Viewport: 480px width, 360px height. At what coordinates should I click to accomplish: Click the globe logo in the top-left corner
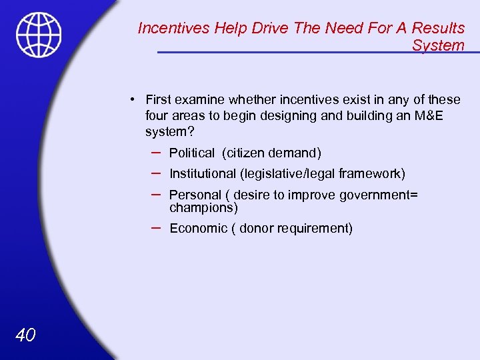(x=39, y=35)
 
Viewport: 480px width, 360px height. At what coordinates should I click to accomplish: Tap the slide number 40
(x=25, y=335)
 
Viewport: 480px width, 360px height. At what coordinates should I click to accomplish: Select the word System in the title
(x=438, y=45)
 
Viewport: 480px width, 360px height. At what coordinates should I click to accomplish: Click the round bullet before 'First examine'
(x=133, y=99)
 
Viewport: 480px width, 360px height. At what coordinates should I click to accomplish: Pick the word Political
(x=192, y=153)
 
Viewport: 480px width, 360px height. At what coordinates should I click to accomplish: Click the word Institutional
(x=202, y=174)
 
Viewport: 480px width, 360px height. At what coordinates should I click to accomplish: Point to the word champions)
(x=203, y=207)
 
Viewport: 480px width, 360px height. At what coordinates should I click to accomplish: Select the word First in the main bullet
(x=159, y=100)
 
